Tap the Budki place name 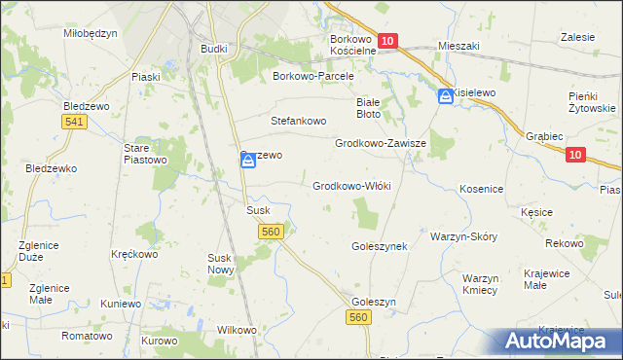pos(214,48)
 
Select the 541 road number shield pos(71,121)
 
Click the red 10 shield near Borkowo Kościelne pos(387,41)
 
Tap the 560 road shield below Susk pos(272,231)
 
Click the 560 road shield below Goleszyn pos(360,318)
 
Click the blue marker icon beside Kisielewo pos(445,95)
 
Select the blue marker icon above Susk pos(248,161)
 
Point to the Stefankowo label pos(298,122)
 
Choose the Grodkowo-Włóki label pos(351,185)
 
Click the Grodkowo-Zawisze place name pos(382,143)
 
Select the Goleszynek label pos(379,247)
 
